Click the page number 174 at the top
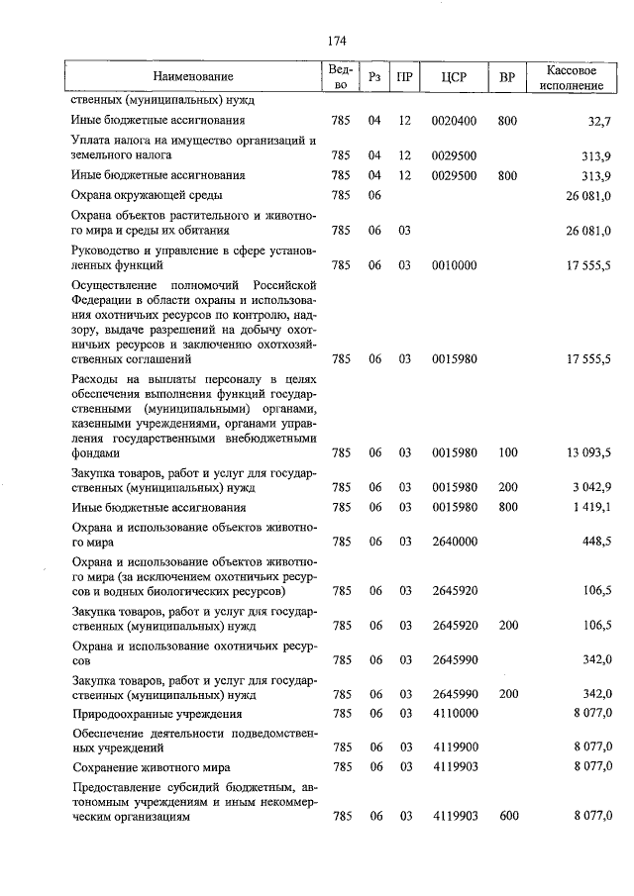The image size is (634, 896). [x=336, y=41]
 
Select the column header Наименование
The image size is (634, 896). [x=193, y=77]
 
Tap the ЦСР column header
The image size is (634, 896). [x=454, y=77]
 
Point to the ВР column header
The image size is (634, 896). [x=507, y=77]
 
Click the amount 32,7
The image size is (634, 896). [x=599, y=122]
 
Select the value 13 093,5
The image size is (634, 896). [x=588, y=453]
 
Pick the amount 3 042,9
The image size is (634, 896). [x=592, y=488]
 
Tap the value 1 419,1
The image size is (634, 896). [x=592, y=508]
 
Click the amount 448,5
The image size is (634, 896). [x=597, y=543]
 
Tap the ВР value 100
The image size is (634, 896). [x=508, y=453]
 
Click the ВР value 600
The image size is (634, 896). [x=508, y=816]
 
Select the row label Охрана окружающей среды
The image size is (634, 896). [x=147, y=196]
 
